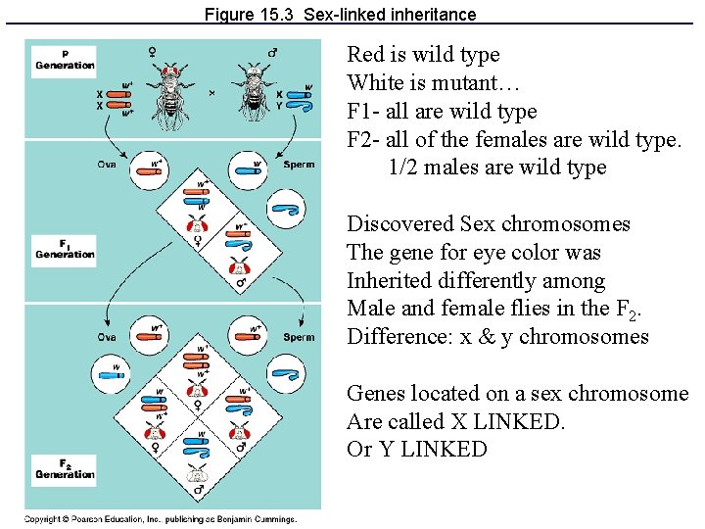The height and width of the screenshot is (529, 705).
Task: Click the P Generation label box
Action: point(65,59)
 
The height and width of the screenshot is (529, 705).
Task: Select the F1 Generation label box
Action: point(64,248)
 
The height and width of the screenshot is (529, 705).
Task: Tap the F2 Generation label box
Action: point(64,468)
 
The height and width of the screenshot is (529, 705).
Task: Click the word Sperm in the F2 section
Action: point(299,337)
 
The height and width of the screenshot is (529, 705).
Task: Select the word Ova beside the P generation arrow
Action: point(106,165)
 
